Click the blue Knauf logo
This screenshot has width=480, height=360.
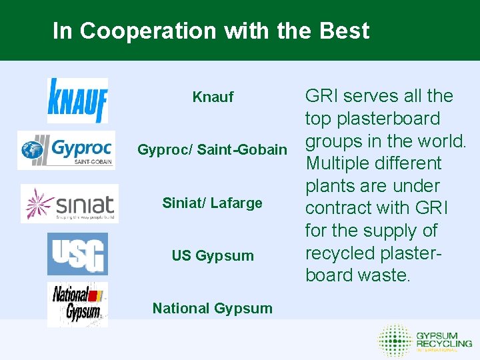[x=77, y=101]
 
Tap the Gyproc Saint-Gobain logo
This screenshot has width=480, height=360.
[x=65, y=150]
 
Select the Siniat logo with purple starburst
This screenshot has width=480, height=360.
[x=69, y=204]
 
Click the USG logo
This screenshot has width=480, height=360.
[x=77, y=254]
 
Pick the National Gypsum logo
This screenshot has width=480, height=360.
[x=77, y=304]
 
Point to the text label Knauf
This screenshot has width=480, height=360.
[x=213, y=97]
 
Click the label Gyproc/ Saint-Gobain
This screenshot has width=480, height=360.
[x=212, y=150]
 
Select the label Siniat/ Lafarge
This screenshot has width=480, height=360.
[x=212, y=203]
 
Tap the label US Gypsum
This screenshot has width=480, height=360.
[x=212, y=256]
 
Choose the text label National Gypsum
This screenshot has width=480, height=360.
[x=212, y=308]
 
